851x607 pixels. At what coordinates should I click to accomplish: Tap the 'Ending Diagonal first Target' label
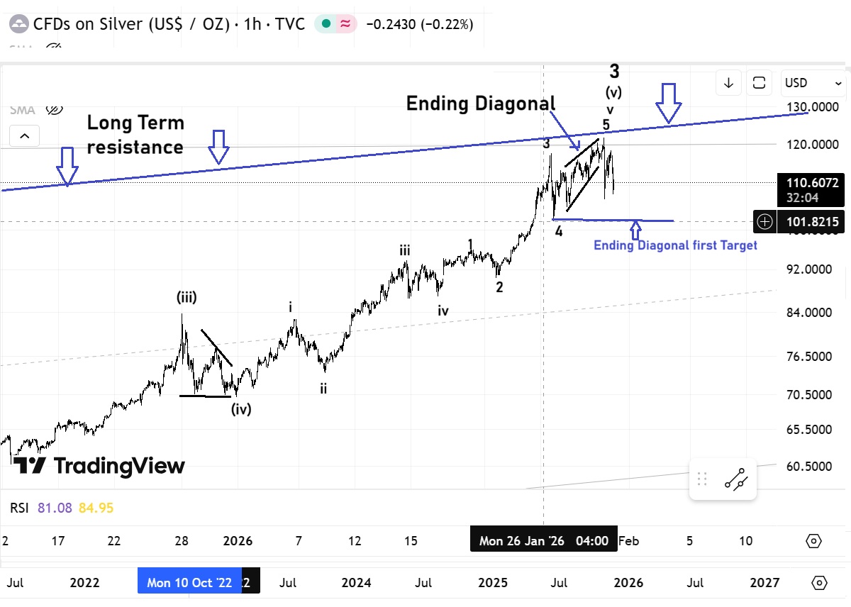[x=675, y=245]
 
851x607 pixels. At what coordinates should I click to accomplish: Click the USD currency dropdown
[x=812, y=83]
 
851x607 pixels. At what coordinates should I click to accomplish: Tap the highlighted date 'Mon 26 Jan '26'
[x=522, y=541]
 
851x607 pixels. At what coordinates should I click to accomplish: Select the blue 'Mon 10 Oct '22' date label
[x=189, y=583]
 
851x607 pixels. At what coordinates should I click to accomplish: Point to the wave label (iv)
[x=241, y=408]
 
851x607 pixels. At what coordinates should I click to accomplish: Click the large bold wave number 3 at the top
[x=614, y=71]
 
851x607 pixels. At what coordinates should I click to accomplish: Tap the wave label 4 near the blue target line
[x=559, y=231]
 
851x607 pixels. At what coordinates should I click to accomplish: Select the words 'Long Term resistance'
[x=135, y=135]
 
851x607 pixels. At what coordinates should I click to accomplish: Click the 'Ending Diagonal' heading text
[x=480, y=104]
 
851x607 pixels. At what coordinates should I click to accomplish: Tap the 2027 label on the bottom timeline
[x=764, y=583]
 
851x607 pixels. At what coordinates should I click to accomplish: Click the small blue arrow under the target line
[x=635, y=229]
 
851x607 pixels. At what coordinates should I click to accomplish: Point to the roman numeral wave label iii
[x=404, y=250]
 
